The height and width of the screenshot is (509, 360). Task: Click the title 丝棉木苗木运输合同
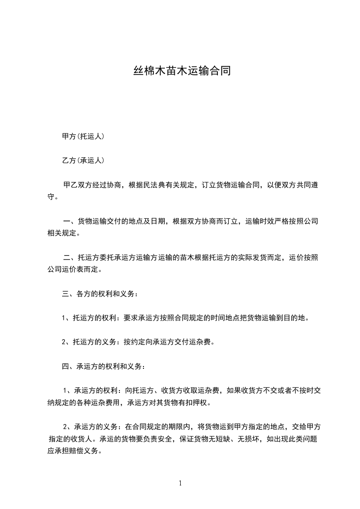(x=182, y=71)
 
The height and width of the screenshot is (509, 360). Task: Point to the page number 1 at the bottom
(x=180, y=483)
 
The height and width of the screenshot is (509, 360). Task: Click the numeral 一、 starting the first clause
(x=69, y=222)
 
